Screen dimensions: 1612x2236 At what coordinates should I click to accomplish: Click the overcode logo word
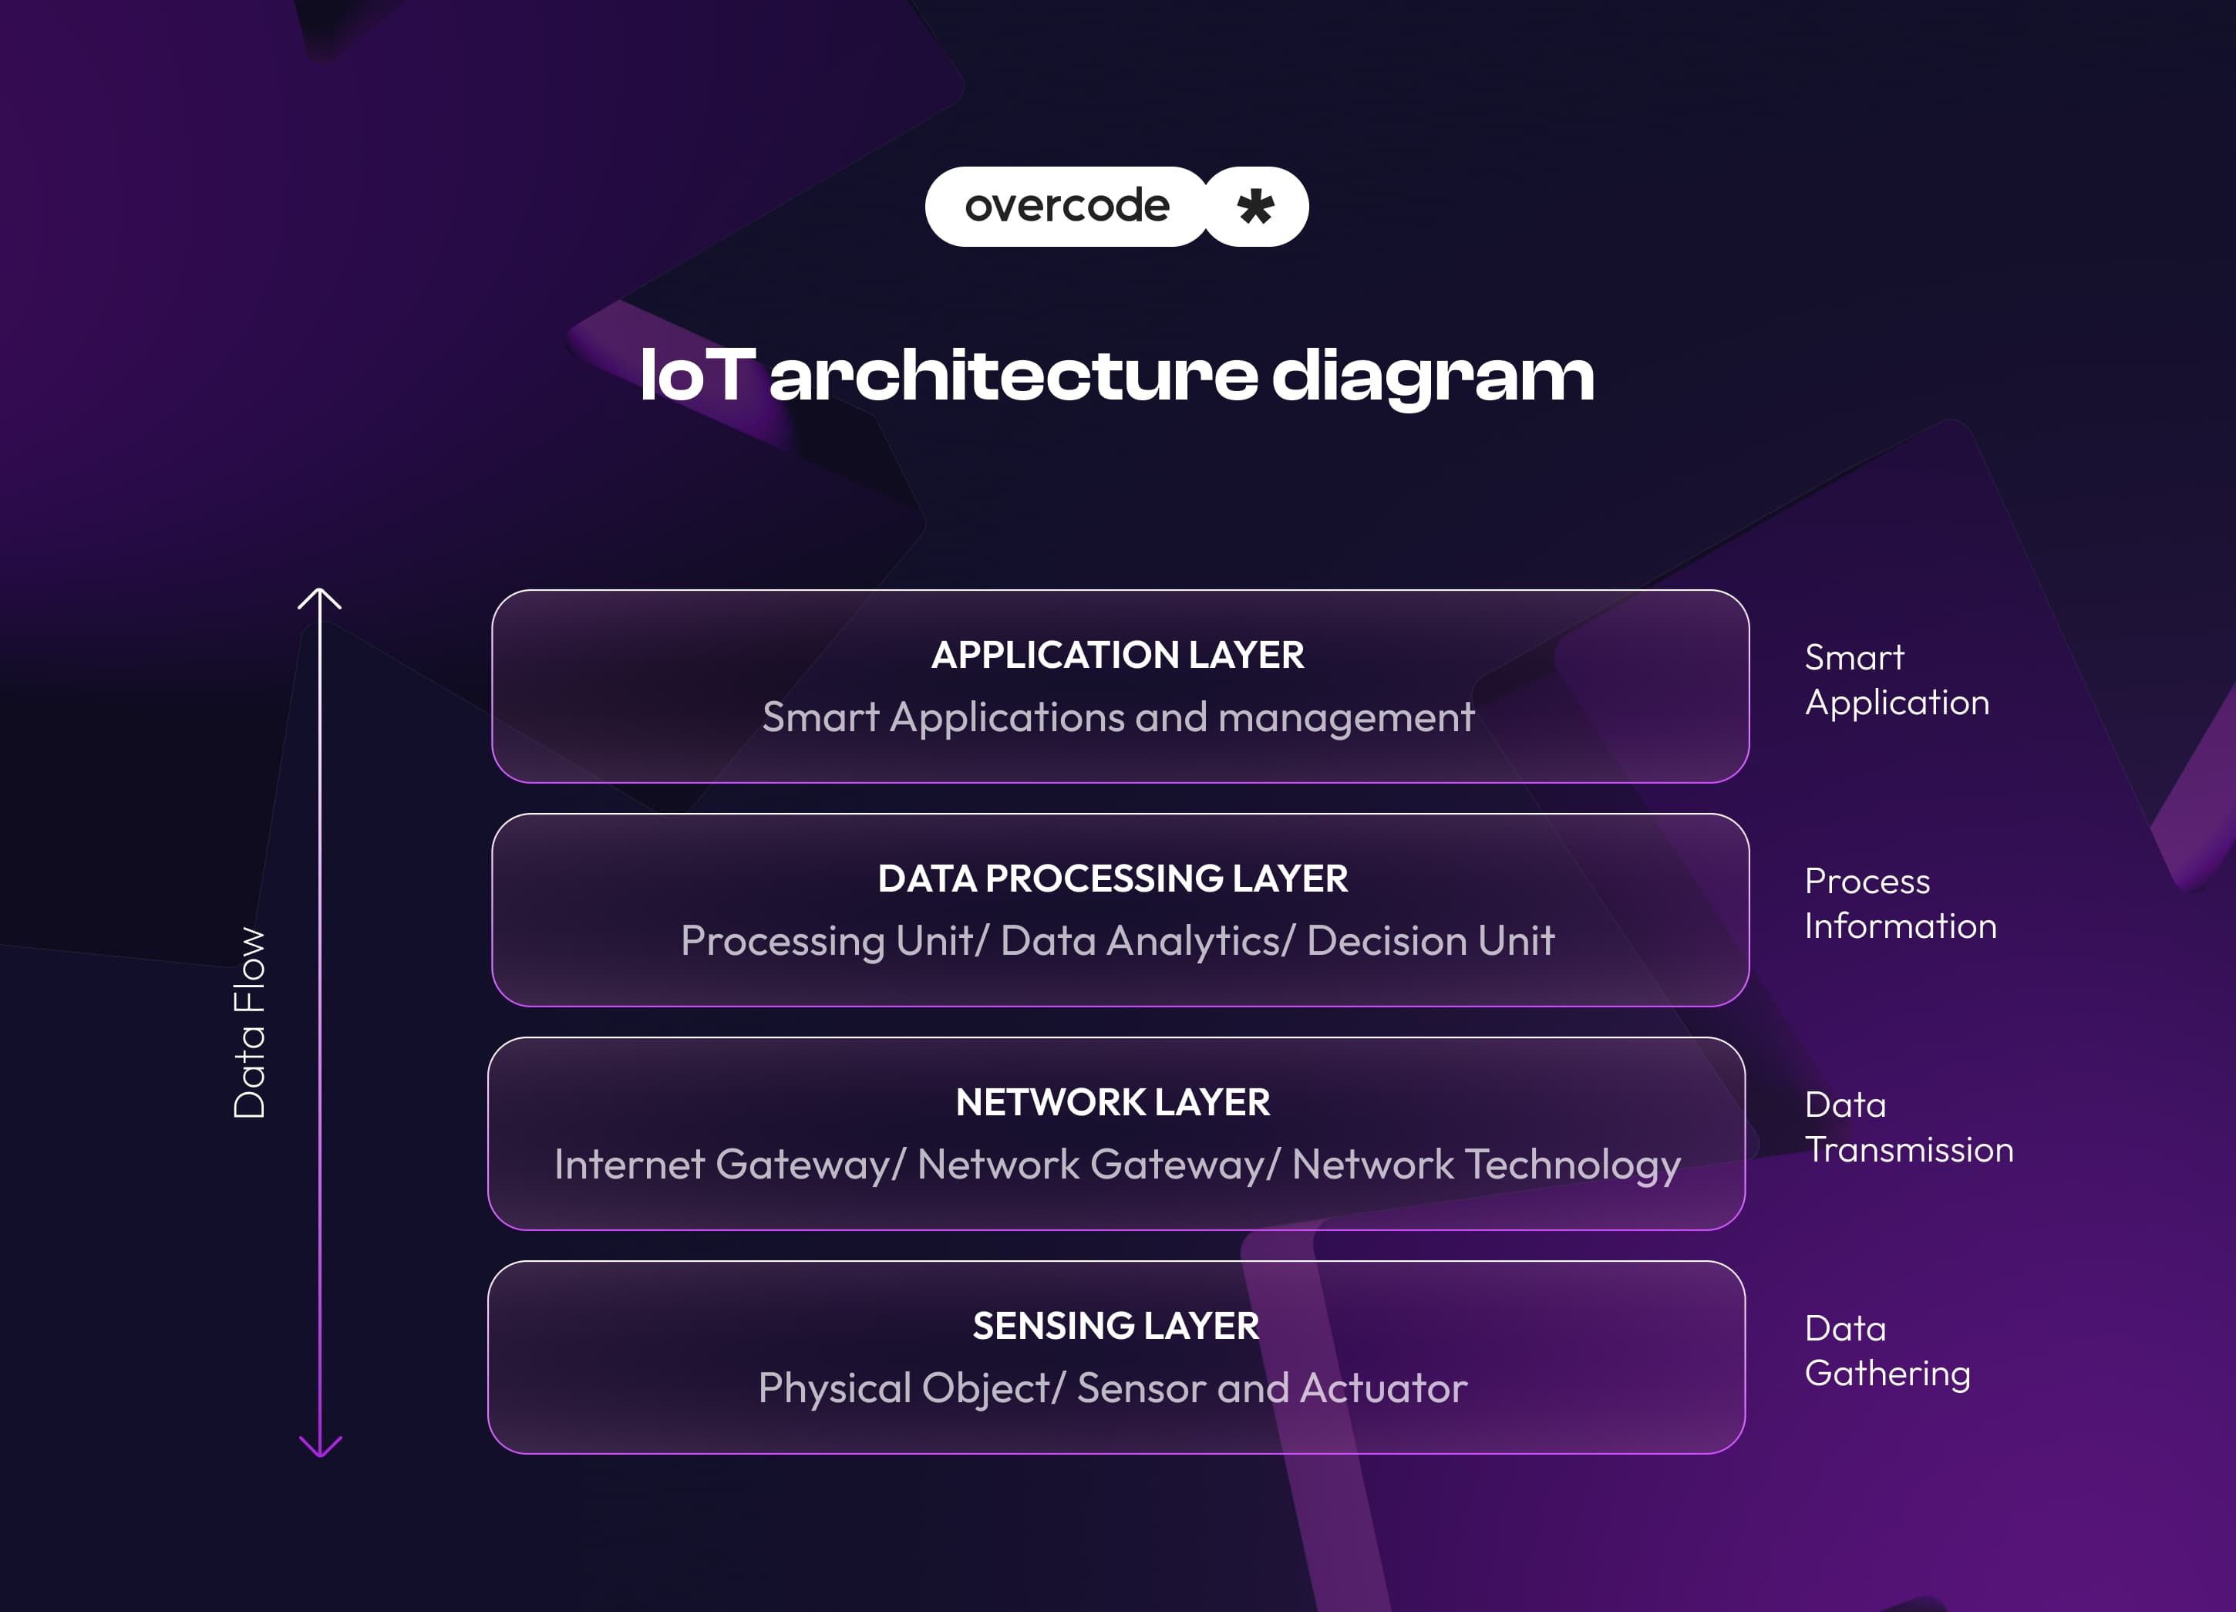(1067, 206)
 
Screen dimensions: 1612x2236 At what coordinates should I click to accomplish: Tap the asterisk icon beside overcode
(1256, 207)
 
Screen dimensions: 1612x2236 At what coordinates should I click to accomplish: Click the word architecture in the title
(1013, 376)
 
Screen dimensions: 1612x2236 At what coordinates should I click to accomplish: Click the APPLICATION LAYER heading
(1117, 656)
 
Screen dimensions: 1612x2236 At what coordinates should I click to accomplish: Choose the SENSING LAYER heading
(1115, 1326)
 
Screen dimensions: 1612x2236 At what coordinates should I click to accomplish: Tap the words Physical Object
(903, 1388)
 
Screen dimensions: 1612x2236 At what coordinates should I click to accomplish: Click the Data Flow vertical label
(250, 1023)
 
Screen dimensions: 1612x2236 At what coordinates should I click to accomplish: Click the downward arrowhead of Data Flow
(319, 1448)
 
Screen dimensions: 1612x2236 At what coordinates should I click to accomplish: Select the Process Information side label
(1899, 903)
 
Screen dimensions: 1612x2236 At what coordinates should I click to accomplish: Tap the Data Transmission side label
(1908, 1127)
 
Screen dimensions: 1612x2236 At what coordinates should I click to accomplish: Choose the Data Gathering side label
(1886, 1351)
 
